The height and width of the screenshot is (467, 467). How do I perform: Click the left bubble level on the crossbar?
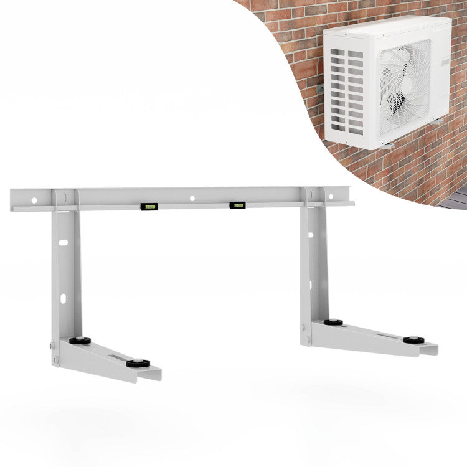pos(148,206)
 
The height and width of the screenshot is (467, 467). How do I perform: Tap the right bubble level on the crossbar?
pos(237,205)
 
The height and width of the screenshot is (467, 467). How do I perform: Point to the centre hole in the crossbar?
pos(192,198)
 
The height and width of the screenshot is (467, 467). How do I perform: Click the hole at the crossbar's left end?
pos(34,200)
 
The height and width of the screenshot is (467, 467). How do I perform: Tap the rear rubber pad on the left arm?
pos(80,341)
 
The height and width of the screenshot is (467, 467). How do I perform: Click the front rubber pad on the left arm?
pos(138,363)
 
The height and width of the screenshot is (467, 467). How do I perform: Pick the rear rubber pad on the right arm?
pos(333,323)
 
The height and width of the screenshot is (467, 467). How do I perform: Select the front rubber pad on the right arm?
pos(413,341)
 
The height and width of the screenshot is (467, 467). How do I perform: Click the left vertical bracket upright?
pos(66,274)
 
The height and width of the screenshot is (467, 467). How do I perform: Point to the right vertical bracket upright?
pos(314,262)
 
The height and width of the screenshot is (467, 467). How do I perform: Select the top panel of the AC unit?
pos(386,26)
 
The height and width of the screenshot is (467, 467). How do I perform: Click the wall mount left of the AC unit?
pos(319,90)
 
